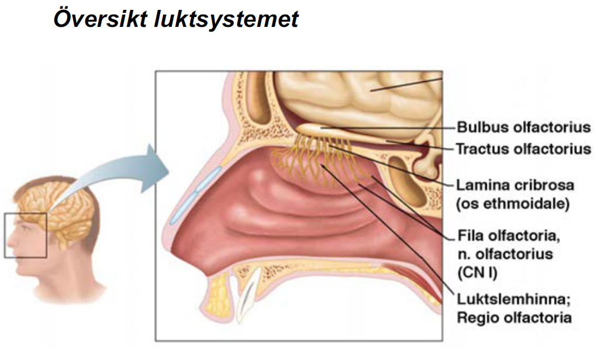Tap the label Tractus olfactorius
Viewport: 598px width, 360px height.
[x=524, y=148]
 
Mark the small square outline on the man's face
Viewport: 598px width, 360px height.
[x=25, y=236]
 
